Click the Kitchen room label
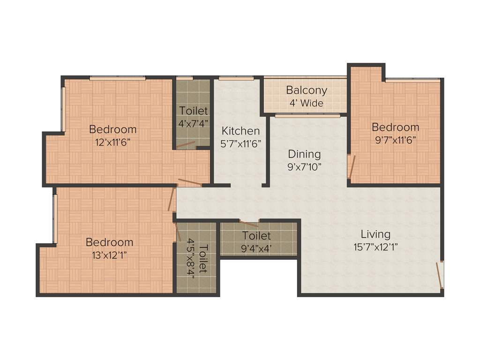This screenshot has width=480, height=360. coord(240,131)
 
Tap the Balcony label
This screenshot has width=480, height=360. coord(307,90)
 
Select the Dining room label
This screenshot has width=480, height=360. coord(304,154)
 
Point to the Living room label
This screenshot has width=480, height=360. coord(375,234)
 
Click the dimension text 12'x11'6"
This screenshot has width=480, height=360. coord(113,142)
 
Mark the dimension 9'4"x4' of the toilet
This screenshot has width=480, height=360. coord(256,248)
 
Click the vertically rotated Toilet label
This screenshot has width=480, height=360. coord(203,259)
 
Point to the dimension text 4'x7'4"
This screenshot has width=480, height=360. coord(193,124)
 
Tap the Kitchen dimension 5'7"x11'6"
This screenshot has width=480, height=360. coord(240,144)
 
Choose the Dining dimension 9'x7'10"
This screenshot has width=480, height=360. coord(304,166)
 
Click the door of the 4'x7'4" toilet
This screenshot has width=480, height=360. coord(186,145)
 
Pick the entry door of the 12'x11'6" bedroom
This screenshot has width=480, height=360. coord(190,182)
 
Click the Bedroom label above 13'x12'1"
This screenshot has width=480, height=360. coord(109,242)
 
